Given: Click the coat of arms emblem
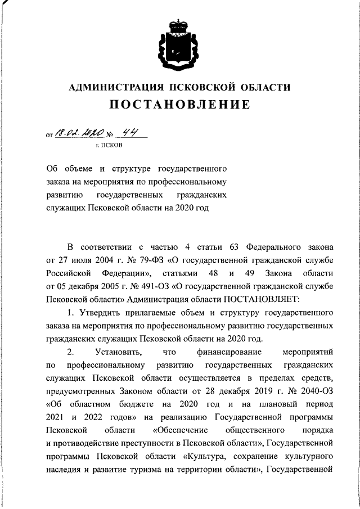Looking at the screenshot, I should click(180, 42).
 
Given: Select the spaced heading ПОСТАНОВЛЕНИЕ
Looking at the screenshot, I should click(179, 105).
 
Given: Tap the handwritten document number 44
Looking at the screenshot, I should click(132, 134).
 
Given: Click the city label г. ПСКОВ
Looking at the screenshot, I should click(109, 146).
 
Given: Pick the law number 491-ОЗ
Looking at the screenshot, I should click(154, 286).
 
